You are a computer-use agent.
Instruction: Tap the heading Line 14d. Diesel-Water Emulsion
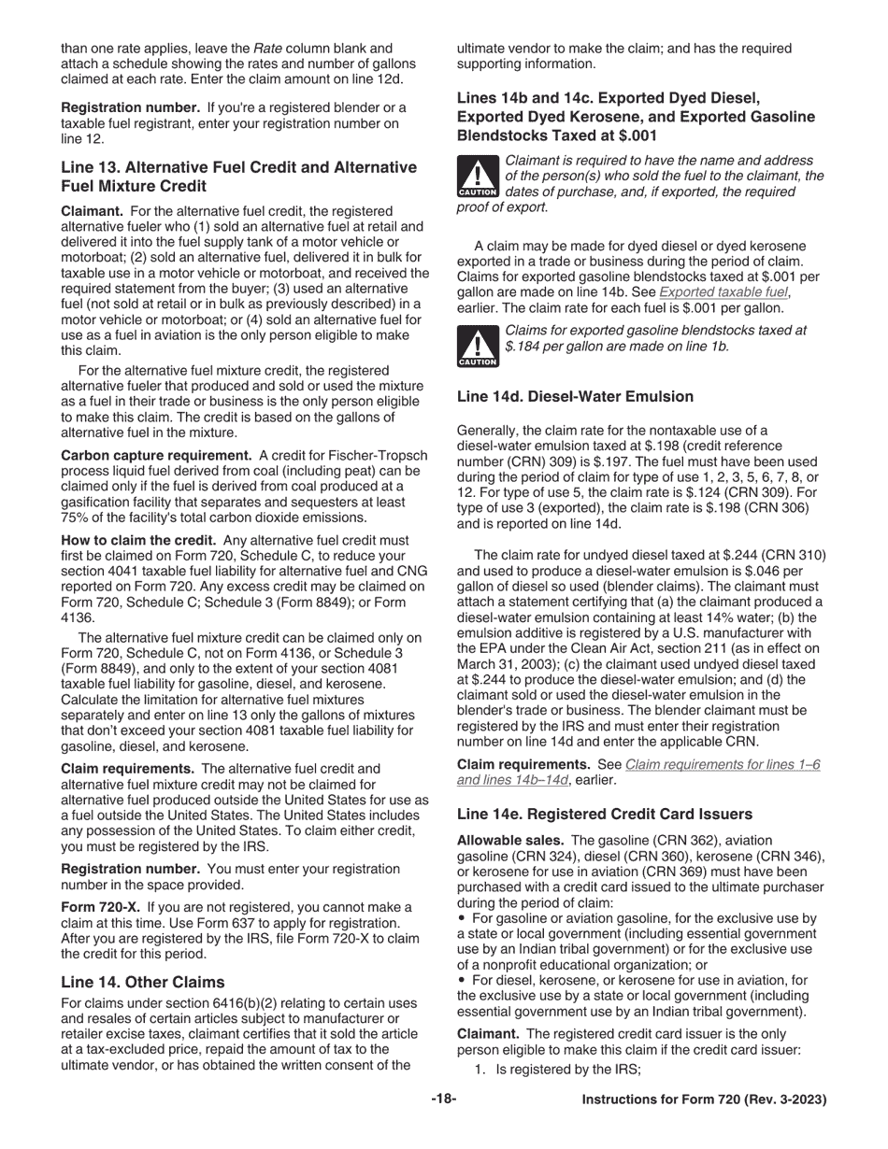coord(575,396)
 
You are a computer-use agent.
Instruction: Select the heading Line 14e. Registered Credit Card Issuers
coord(604,814)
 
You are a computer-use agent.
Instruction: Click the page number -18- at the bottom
coord(443,1099)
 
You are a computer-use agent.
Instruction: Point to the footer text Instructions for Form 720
coord(704,1099)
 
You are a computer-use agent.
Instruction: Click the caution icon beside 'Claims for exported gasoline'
coord(477,346)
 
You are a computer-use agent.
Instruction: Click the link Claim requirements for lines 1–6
coord(723,764)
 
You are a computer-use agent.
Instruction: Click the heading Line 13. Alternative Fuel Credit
coord(238,167)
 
